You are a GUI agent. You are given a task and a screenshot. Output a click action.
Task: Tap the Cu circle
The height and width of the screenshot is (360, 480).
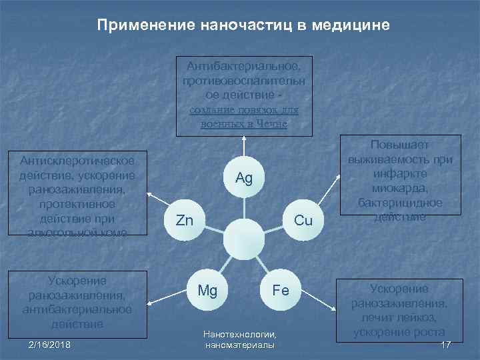303,220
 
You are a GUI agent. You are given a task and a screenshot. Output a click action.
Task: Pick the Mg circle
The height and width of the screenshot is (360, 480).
207,291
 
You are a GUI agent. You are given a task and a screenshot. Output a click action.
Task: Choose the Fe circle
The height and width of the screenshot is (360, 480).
280,291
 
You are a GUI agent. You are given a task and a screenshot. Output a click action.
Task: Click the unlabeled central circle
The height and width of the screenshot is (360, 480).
244,239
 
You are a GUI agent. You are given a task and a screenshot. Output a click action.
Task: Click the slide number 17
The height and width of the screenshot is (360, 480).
446,344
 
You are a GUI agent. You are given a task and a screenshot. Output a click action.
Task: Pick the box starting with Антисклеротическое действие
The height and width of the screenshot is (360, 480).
77,195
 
